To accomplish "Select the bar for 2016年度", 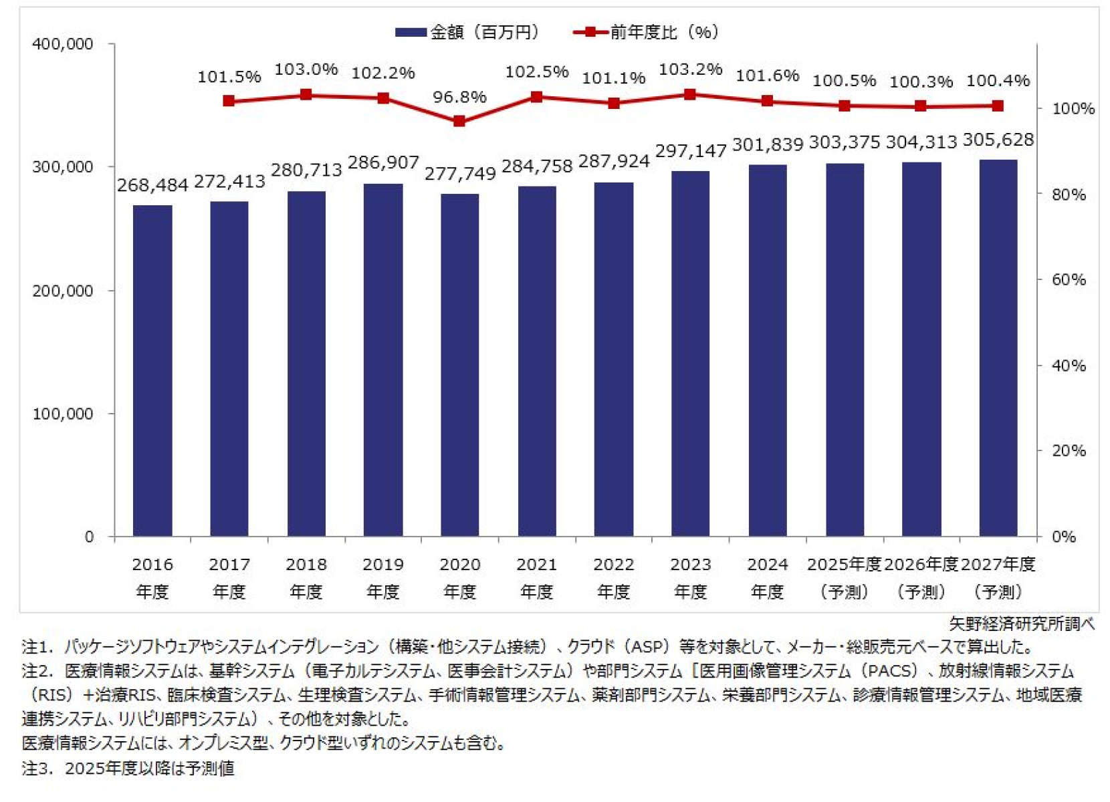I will [x=152, y=371].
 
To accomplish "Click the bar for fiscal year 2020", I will [x=460, y=366].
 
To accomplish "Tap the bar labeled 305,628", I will [x=998, y=348].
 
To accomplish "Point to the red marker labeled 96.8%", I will [x=459, y=121].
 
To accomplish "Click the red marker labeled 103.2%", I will [x=691, y=94].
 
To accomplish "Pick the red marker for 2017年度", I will [x=229, y=101].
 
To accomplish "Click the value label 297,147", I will [x=691, y=151].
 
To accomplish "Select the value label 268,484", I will [x=152, y=185].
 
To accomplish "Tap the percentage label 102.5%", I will [x=536, y=72].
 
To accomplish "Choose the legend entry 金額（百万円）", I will [x=468, y=32].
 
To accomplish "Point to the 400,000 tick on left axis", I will [x=63, y=44].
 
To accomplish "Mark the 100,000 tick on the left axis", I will [x=63, y=414].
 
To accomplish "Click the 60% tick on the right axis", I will [x=1069, y=279].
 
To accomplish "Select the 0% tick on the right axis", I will [x=1064, y=537].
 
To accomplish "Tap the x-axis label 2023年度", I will [x=691, y=577].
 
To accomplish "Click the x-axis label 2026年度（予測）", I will [x=921, y=577].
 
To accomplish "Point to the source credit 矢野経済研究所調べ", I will [x=1021, y=624].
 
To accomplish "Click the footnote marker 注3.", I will [x=37, y=768].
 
